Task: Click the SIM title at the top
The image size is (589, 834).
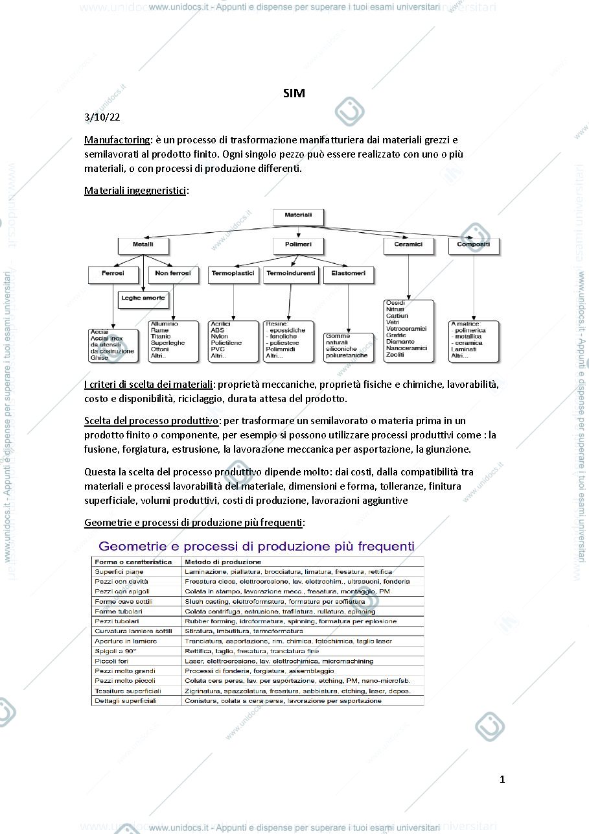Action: click(294, 93)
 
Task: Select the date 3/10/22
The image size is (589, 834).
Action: click(102, 117)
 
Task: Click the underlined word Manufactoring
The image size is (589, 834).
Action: click(117, 140)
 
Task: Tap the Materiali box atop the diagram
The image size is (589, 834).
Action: click(298, 217)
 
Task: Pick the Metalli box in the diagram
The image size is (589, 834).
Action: click(143, 246)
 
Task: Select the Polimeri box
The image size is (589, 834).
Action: click(298, 246)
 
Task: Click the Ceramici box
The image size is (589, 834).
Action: click(409, 246)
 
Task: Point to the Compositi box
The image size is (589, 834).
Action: click(474, 246)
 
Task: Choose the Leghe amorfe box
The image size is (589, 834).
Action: click(143, 300)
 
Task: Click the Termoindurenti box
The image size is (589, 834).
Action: click(290, 275)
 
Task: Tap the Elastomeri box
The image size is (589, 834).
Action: click(348, 275)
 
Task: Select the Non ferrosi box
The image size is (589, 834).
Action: click(173, 275)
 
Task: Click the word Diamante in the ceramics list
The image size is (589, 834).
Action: click(400, 341)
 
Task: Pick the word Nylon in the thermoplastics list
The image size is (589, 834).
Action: click(219, 336)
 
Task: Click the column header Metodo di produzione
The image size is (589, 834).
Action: click(223, 562)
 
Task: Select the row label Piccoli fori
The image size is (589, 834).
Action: click(111, 661)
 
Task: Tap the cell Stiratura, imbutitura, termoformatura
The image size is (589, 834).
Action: click(244, 631)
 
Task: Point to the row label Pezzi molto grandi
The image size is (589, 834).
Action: click(124, 671)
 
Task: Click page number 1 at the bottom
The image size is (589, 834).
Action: click(502, 780)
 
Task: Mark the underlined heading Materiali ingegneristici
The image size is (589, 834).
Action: click(135, 191)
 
